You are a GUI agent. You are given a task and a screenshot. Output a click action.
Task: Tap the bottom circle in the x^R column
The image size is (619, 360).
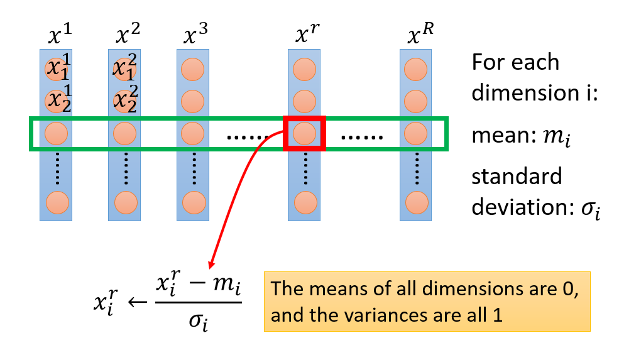pyautogui.click(x=416, y=202)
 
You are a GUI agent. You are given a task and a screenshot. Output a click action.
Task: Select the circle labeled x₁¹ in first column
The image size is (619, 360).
pyautogui.click(x=57, y=68)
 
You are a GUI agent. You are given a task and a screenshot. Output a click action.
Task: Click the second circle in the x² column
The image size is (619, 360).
pyautogui.click(x=124, y=101)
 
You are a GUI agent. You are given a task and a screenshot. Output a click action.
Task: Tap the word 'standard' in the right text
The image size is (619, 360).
pyautogui.click(x=517, y=177)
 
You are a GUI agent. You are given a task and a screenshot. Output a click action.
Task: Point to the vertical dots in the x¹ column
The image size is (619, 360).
pyautogui.click(x=57, y=167)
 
